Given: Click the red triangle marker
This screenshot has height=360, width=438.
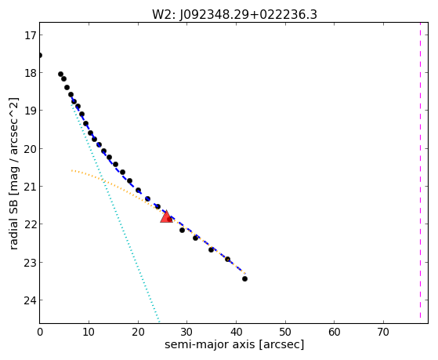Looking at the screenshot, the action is tap(166, 216).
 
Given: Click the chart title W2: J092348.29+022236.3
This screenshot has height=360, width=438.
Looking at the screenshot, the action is tap(234, 15).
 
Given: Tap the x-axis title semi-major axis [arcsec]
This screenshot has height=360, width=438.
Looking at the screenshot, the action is tap(234, 344).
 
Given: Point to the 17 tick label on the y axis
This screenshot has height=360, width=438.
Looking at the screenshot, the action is tap(30, 35).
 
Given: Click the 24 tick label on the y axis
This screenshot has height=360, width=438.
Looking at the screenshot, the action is tap(30, 300).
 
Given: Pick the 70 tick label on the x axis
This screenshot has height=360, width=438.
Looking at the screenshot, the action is tap(383, 332).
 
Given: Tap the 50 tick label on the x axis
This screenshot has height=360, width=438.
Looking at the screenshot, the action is tap(285, 332).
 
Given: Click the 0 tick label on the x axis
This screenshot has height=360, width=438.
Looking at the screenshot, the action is tap(40, 332).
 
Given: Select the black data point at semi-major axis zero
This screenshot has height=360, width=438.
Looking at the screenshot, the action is tap(40, 56).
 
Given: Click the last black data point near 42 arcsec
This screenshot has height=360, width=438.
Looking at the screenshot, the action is tap(244, 278).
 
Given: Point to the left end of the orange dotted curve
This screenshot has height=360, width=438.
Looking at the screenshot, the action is tap(71, 170).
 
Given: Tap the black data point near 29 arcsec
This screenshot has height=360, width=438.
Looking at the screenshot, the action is tap(182, 231).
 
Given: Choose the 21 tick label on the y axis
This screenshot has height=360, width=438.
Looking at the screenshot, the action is tap(30, 187).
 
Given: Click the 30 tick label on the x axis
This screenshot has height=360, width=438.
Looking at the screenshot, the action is tap(187, 332).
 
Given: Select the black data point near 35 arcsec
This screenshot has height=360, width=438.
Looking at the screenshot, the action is tap(212, 249).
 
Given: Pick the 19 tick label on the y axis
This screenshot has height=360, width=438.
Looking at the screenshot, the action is tap(30, 111).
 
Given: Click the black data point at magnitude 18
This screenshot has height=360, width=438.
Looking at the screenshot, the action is tap(60, 75).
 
